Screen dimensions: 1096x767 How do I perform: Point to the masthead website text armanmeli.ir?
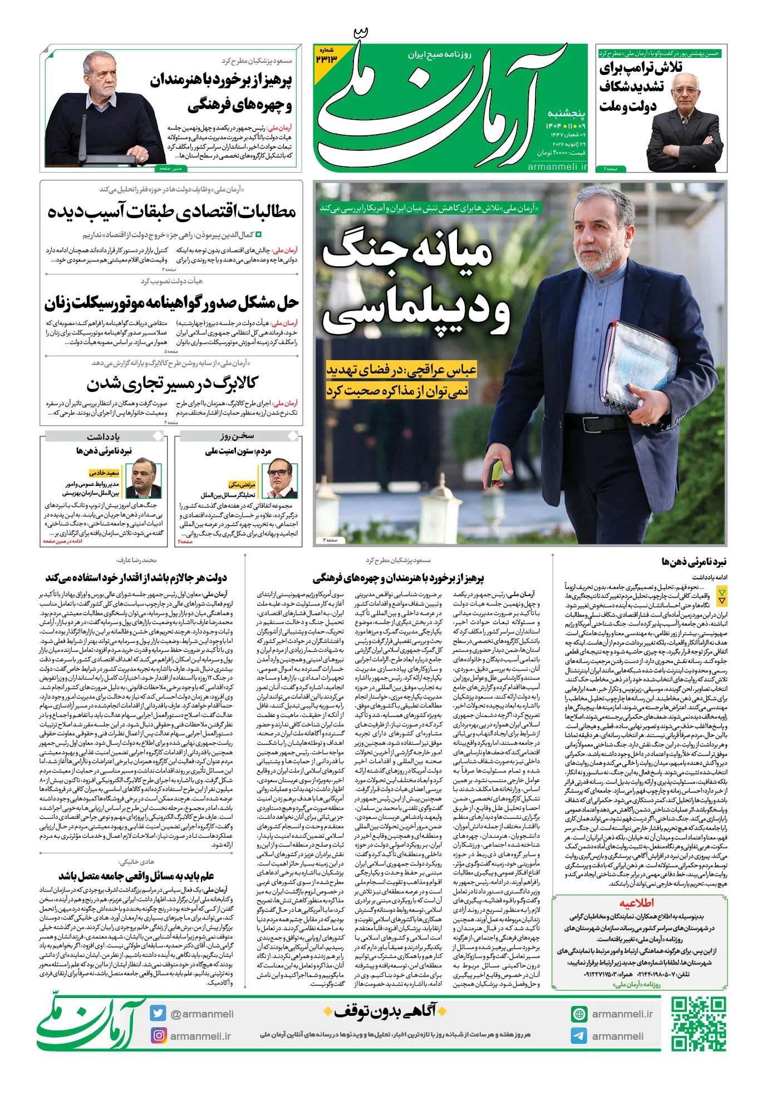click(x=557, y=166)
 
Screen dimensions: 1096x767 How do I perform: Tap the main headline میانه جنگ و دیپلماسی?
click(x=415, y=284)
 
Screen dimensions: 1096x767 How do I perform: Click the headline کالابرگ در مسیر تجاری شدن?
click(x=172, y=383)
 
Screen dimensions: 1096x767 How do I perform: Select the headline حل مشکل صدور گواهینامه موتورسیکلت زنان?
click(x=171, y=303)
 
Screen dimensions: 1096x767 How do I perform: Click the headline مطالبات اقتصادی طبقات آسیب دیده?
click(x=171, y=212)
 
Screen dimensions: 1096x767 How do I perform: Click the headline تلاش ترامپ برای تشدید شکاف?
click(x=632, y=86)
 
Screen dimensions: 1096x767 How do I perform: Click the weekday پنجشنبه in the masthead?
click(x=566, y=114)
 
